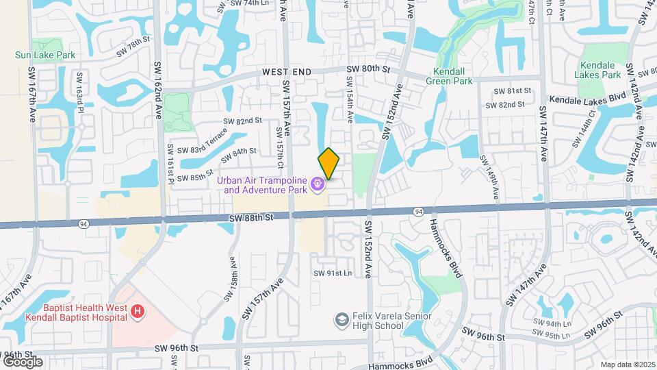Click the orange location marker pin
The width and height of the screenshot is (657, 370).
329,163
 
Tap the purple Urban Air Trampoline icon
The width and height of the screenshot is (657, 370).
317,184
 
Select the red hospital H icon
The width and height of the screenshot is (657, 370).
138,312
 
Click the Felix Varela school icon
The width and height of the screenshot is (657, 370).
341,320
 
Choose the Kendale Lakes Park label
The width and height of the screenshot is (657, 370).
597,69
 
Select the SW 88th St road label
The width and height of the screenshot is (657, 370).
251,217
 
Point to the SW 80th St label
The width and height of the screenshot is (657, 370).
368,69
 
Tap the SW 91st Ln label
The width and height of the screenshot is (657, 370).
333,273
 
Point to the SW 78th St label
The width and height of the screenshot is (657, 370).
132,42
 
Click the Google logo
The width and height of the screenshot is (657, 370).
22,361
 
